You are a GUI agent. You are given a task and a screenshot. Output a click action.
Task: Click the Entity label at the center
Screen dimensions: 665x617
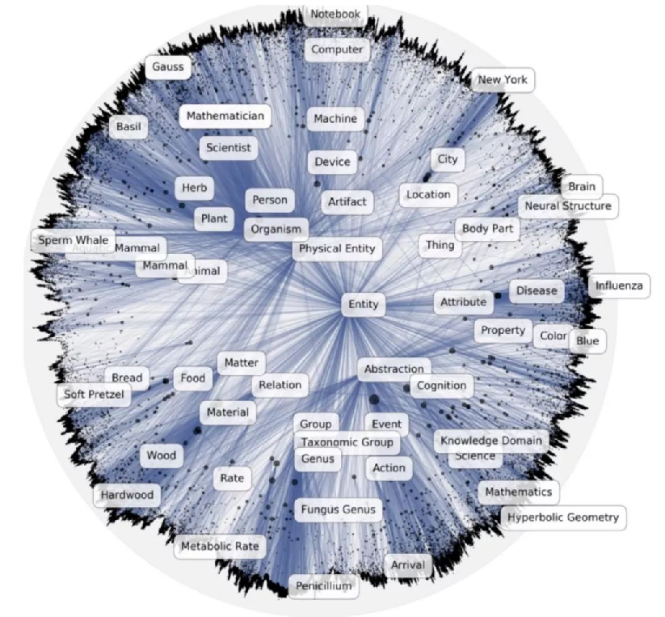coord(363,305)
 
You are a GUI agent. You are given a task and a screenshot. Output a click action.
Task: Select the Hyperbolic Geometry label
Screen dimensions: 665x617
coord(562,518)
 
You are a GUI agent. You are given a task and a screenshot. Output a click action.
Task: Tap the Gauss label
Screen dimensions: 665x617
coord(168,67)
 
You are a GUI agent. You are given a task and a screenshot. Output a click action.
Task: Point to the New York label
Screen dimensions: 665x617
coord(503,79)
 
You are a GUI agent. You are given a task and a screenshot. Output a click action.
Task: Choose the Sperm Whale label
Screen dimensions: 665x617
coord(73,240)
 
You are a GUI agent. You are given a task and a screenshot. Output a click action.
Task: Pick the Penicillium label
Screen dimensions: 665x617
coord(323,585)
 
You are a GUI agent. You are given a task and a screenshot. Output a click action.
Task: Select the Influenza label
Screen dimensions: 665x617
coord(619,285)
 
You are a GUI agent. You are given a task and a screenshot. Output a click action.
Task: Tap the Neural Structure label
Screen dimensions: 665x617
coord(568,206)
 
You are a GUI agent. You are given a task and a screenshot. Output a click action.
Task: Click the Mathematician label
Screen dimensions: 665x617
coord(225,116)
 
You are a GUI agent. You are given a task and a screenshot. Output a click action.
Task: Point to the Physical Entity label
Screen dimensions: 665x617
coord(337,248)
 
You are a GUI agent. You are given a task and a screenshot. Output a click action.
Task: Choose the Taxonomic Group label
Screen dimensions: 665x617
coord(347,442)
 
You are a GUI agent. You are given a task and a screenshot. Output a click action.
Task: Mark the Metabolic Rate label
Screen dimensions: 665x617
coord(220,547)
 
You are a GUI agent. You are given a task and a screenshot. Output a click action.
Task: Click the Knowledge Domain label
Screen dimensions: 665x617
coord(490,441)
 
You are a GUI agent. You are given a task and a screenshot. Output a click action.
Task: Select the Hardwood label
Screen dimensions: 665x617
coord(127,495)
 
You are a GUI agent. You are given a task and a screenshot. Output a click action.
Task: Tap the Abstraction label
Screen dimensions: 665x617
coord(394,369)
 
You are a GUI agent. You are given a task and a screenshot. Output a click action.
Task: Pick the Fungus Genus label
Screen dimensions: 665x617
coord(339,509)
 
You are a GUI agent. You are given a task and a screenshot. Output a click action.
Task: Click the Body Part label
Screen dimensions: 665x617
coord(487,229)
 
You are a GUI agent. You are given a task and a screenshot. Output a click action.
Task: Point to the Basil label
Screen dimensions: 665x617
coord(128,127)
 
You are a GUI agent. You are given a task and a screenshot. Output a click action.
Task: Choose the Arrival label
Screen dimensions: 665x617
coord(407,564)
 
